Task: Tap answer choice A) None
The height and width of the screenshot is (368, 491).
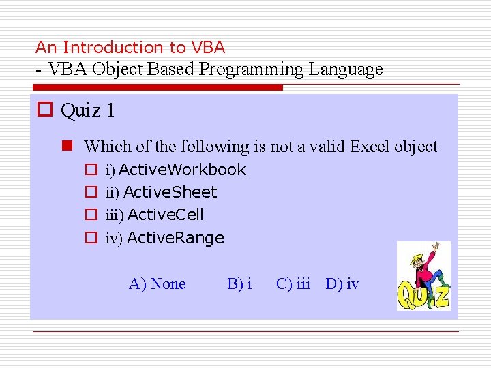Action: tap(157, 283)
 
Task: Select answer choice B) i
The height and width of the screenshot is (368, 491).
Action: tap(239, 283)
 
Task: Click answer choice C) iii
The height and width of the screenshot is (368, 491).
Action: tap(293, 283)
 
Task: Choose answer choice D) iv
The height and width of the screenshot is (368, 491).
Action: tap(342, 283)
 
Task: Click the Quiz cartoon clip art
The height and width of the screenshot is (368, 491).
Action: tap(423, 275)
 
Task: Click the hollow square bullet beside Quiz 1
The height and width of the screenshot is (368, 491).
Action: tap(45, 110)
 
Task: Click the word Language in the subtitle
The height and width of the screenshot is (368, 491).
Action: tap(346, 70)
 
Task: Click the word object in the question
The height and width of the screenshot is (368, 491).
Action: tap(417, 147)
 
